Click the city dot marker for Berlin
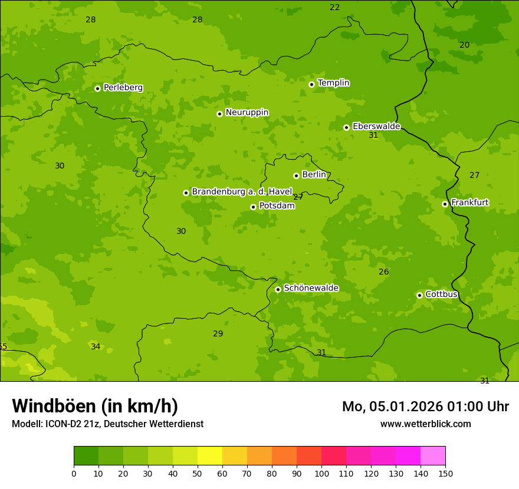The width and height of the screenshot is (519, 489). pos(296,176)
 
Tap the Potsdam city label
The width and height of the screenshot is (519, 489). pos(277,206)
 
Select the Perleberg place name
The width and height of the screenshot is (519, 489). pos(123,88)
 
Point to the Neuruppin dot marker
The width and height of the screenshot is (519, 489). pos(219,114)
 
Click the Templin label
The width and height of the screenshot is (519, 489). pos(333,83)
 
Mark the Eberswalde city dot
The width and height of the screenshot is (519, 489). pos(346,127)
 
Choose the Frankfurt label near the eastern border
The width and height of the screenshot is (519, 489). pos(469,203)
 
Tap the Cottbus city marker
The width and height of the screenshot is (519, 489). pos(419,295)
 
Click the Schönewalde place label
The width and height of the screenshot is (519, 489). pos(311,288)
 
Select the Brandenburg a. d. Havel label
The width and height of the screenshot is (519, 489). pos(242,191)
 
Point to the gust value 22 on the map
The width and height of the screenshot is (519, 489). pos(334,8)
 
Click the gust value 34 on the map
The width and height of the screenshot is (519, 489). pos(96,346)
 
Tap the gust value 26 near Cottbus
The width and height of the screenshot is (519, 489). pos(383,272)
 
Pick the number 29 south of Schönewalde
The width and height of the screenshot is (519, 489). pos(218,333)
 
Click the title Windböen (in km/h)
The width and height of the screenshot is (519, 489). pos(95,406)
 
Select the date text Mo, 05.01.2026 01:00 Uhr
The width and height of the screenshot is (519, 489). pos(425,407)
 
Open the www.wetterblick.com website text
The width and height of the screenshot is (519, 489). pos(425,424)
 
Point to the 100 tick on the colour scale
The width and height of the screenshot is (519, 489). pos(321,473)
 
